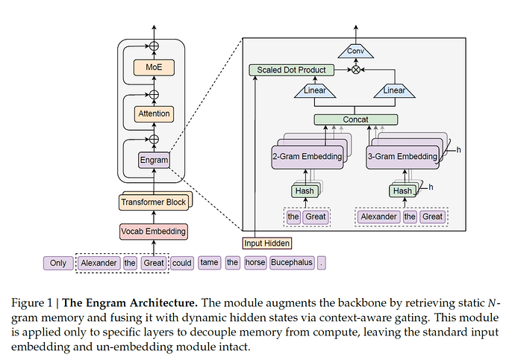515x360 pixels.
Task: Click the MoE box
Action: click(154, 67)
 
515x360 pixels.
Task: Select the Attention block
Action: click(154, 114)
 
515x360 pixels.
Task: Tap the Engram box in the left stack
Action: click(154, 159)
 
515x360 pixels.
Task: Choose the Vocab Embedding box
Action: click(153, 232)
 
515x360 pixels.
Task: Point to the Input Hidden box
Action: click(267, 243)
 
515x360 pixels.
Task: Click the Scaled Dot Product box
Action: click(290, 70)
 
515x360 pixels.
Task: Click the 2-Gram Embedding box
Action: click(307, 157)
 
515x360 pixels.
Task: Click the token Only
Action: click(58, 263)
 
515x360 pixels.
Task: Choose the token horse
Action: click(255, 263)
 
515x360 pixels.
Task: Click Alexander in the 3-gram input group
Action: click(379, 217)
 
